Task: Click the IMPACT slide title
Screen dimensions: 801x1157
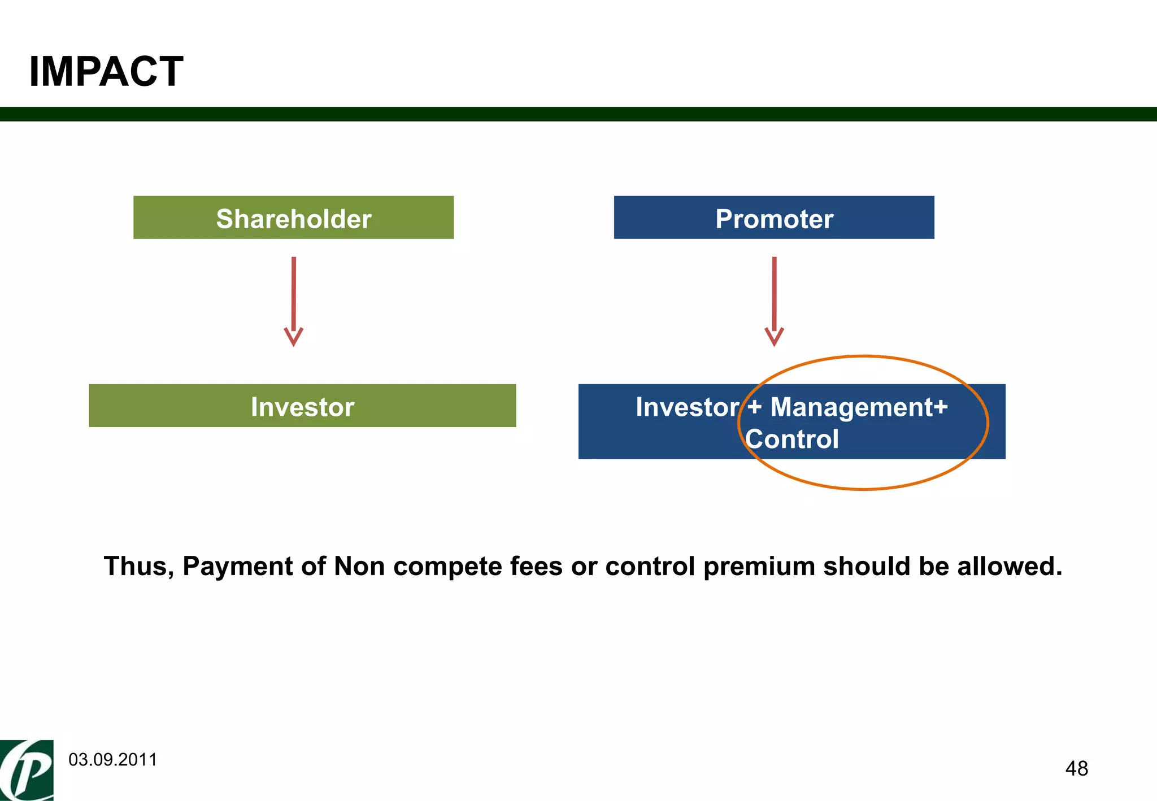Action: tap(106, 72)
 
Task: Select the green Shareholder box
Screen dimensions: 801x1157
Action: tap(293, 217)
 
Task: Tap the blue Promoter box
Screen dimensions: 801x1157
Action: tap(773, 217)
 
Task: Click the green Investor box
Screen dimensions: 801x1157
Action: tap(302, 406)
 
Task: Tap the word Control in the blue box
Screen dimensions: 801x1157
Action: tap(791, 439)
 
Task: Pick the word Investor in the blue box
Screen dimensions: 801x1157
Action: tap(687, 407)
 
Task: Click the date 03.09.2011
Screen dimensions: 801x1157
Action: tap(113, 760)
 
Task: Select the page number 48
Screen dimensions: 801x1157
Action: tap(1076, 769)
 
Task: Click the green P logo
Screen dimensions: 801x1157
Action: tap(27, 770)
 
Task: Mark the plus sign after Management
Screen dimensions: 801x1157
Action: tap(941, 407)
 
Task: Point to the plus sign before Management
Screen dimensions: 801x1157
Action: tap(754, 407)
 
